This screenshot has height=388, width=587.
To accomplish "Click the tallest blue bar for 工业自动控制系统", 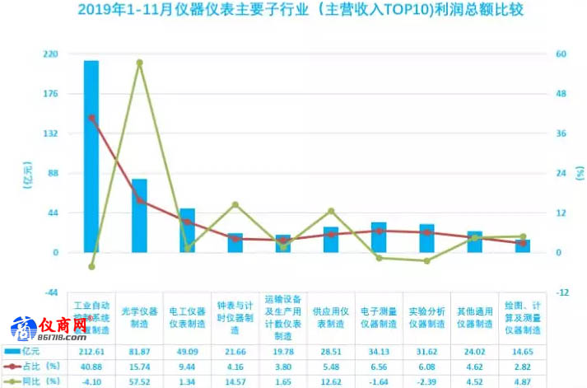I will tap(91, 157).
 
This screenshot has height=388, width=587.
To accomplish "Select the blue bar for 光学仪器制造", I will tap(139, 216).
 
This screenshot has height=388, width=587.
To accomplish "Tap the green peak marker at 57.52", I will tap(139, 63).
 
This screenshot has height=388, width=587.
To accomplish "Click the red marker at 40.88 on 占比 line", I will tap(91, 118).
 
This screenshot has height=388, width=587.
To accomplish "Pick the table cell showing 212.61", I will tap(91, 351).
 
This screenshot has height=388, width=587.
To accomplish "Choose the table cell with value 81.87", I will tap(139, 351).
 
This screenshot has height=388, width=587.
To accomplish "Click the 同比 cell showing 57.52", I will tap(139, 381).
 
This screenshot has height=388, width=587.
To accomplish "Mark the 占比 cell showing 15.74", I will tap(139, 366).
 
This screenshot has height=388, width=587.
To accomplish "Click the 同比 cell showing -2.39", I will tap(426, 381).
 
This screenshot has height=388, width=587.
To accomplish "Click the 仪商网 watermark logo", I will tap(48, 329).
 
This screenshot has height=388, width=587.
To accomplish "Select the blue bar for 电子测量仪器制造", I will tap(379, 237).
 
